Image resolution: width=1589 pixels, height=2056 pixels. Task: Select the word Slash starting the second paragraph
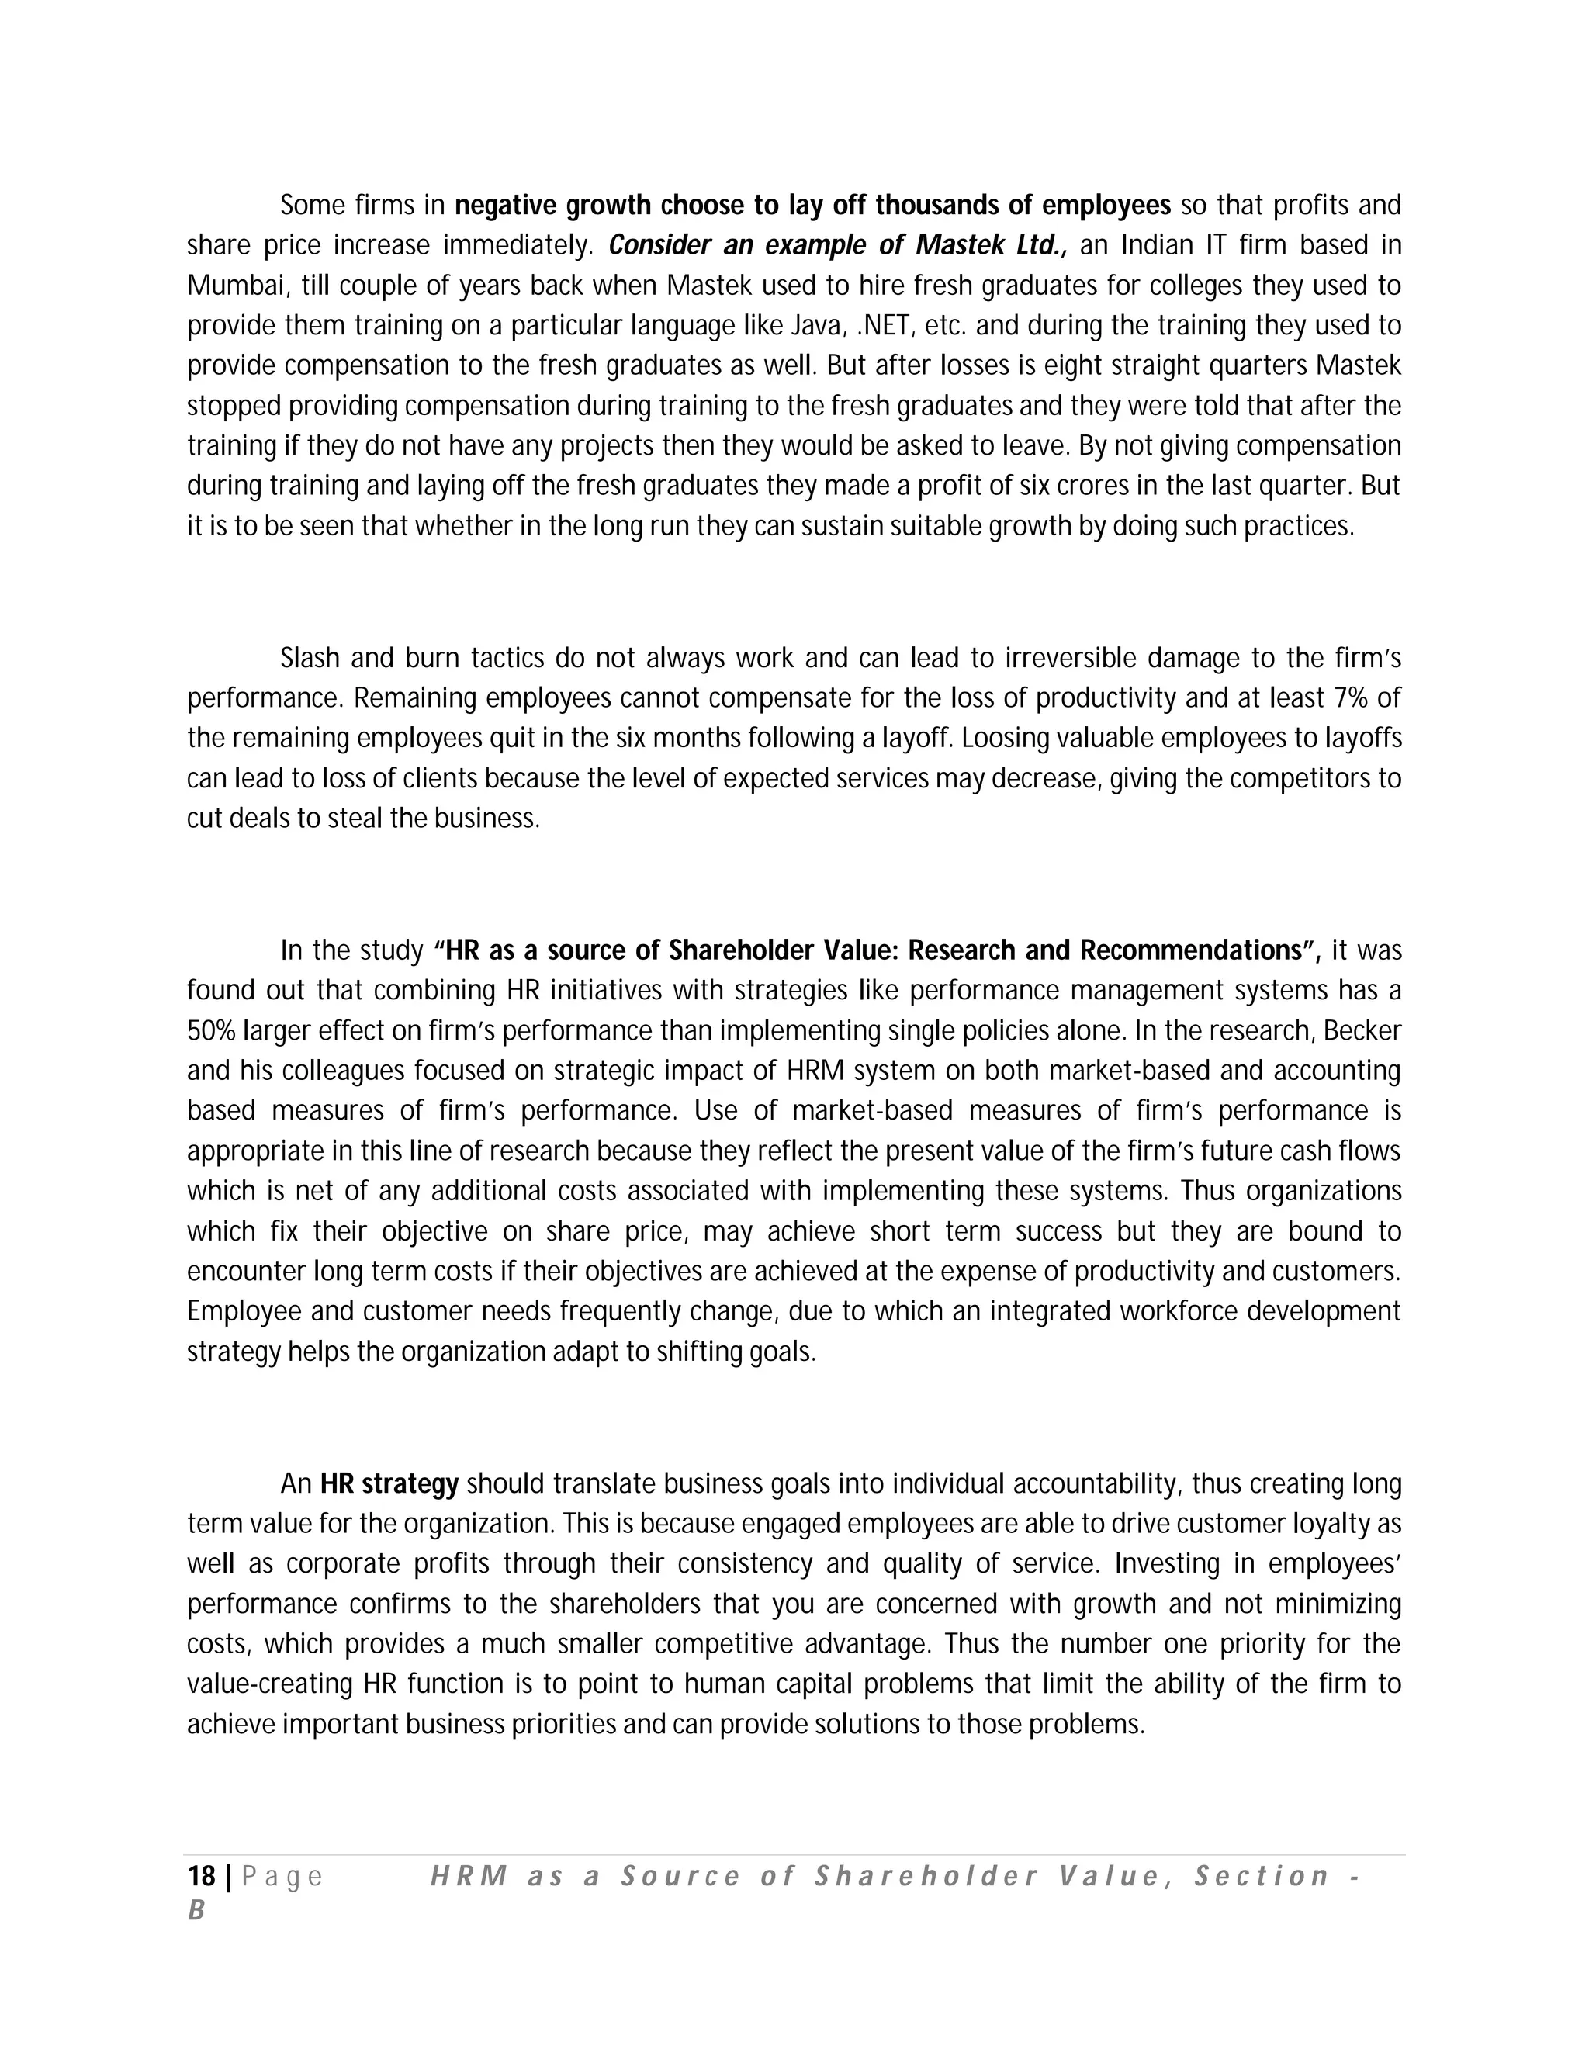309,658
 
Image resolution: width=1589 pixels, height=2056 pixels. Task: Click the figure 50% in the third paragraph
211,1031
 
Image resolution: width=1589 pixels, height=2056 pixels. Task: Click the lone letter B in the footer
196,1911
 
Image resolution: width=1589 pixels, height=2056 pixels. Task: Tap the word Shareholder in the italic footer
926,1877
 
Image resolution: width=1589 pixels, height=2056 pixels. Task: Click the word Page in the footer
282,1877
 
